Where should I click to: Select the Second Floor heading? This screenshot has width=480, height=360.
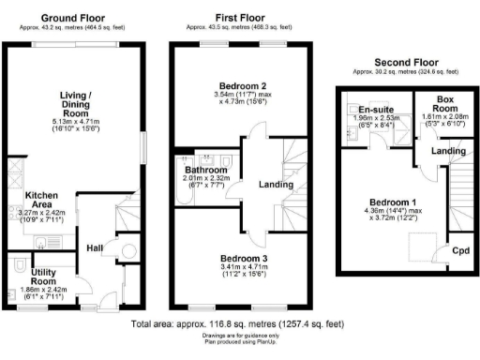[405, 62]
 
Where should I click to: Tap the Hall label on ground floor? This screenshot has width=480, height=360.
[94, 247]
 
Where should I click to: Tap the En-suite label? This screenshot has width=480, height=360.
[375, 110]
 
